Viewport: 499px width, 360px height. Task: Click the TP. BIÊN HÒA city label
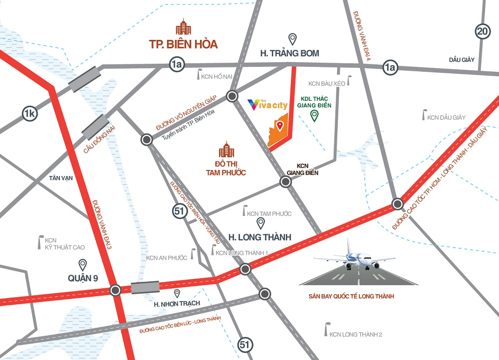coord(183,44)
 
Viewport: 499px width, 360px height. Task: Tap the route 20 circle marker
coord(483,32)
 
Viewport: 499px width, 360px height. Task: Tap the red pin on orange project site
coord(280,126)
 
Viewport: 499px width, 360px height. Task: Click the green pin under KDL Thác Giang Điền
coord(314,116)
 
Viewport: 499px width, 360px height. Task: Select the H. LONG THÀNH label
coord(259,237)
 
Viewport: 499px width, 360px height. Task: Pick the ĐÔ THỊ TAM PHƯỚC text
coord(228,168)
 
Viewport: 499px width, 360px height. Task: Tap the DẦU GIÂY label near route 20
coord(460,59)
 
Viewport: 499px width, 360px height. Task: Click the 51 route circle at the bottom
coord(245,344)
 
